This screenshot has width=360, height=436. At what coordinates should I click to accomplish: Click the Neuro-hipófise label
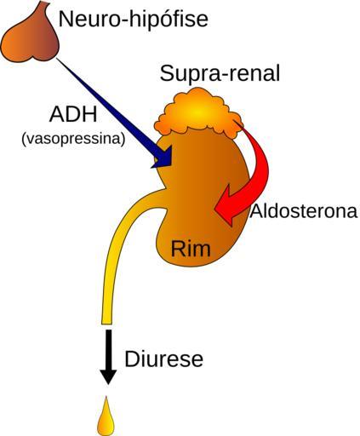click(134, 20)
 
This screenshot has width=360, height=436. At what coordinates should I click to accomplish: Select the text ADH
click(73, 115)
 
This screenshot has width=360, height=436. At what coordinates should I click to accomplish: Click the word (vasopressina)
click(73, 140)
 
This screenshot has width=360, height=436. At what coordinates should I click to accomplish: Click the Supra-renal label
click(220, 73)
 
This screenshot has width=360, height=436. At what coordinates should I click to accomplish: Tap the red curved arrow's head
click(227, 205)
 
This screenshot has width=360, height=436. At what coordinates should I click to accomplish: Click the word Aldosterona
click(304, 211)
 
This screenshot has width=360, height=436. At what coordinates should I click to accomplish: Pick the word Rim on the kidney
click(191, 249)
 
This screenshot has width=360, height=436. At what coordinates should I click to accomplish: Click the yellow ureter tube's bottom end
click(106, 323)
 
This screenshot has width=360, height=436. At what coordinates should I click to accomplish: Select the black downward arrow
click(108, 357)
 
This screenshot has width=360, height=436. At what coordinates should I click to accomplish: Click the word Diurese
click(164, 359)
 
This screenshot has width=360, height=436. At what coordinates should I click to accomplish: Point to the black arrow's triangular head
click(108, 377)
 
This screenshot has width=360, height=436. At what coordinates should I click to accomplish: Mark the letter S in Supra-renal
click(167, 73)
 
